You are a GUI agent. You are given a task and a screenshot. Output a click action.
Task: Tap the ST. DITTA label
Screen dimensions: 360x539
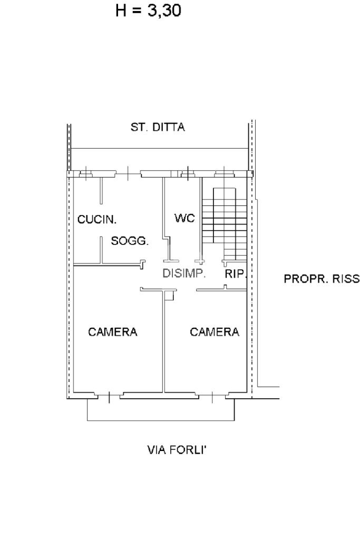tap(158, 128)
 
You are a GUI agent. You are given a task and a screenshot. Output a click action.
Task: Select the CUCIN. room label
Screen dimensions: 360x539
tap(97, 219)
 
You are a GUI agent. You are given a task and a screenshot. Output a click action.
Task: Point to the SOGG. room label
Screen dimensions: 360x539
tap(130, 241)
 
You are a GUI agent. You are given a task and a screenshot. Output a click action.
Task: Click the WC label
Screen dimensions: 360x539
tap(184, 218)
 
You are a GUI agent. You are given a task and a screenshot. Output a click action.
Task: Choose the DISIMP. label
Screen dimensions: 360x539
tap(183, 274)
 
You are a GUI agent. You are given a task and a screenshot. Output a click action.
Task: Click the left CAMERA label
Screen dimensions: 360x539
tap(113, 332)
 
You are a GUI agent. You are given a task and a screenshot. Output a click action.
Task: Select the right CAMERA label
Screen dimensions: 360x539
tap(215, 332)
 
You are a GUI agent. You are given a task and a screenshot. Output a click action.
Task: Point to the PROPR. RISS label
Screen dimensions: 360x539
tap(322, 279)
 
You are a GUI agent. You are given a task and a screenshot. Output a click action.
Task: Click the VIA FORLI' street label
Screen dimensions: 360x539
tap(180, 450)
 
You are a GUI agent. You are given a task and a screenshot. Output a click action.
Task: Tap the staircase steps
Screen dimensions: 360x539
tap(223, 221)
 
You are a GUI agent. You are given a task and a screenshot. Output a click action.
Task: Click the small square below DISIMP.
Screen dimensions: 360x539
tap(168, 296)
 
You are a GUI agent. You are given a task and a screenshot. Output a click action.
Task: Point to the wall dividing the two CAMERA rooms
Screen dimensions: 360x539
tap(163, 342)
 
